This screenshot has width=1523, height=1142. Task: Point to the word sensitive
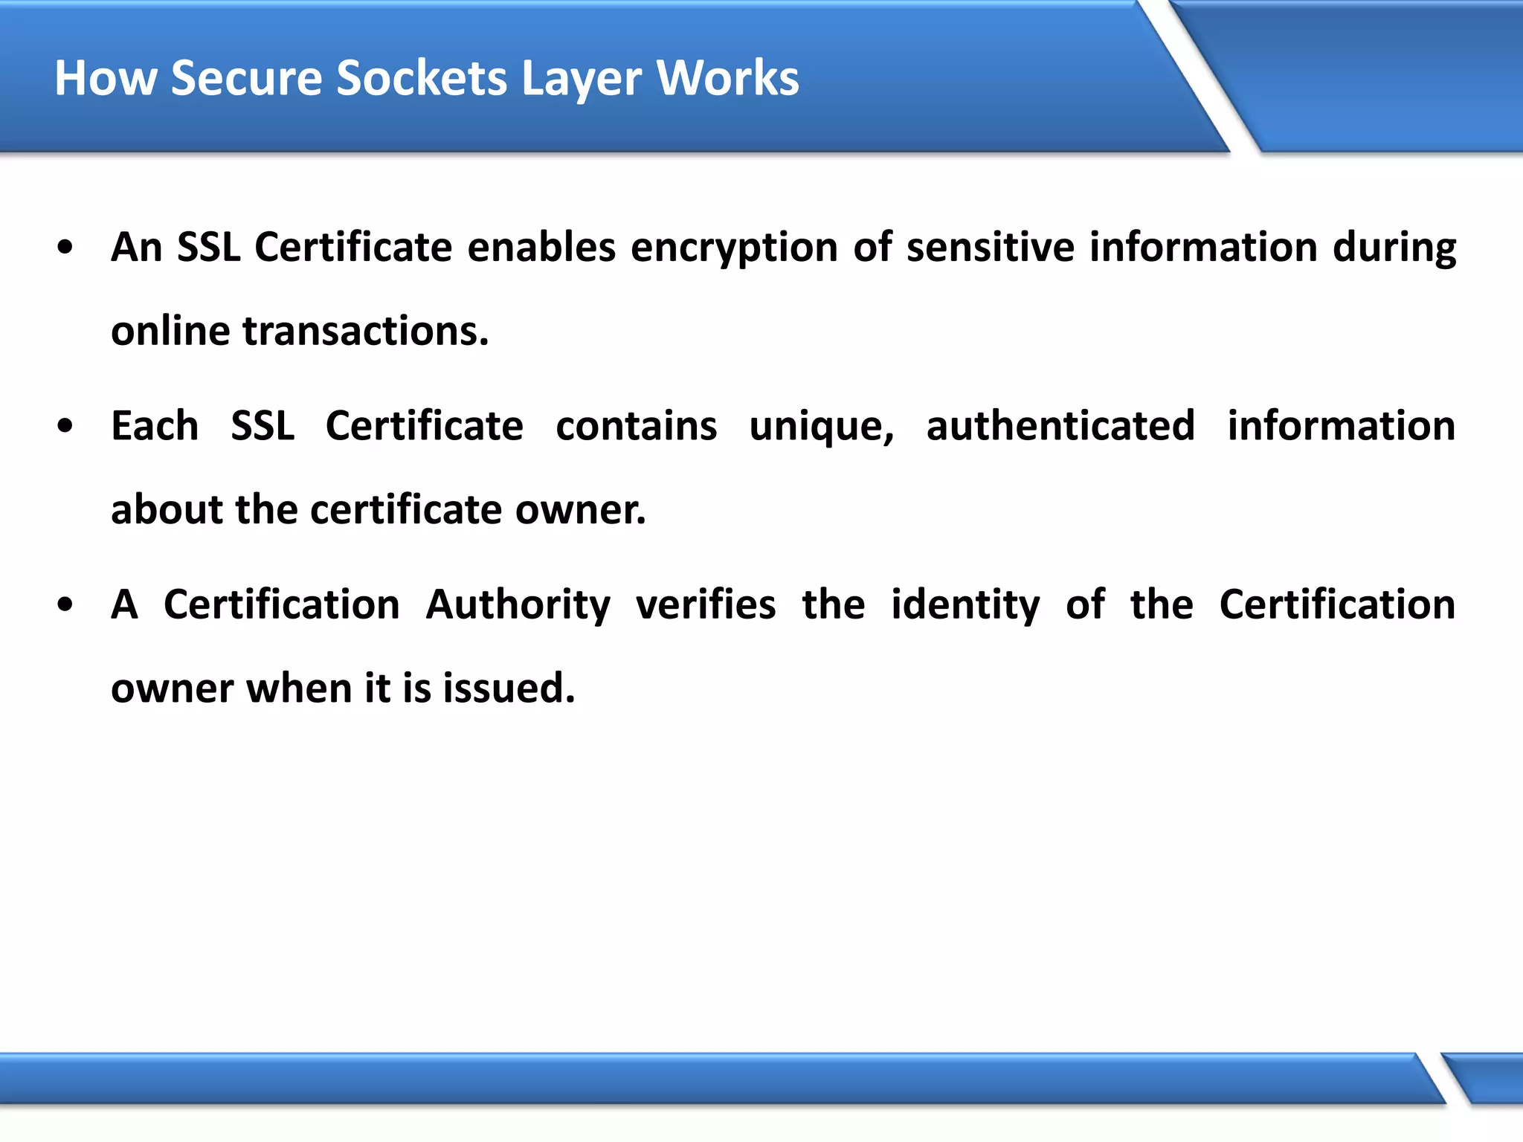pyautogui.click(x=990, y=248)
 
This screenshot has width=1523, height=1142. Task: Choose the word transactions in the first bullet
pyautogui.click(x=365, y=331)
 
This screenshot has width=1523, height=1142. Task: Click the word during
pyautogui.click(x=1394, y=248)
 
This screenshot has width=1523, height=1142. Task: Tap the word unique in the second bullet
pyautogui.click(x=821, y=427)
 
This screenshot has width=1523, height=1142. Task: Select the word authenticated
pyautogui.click(x=1060, y=427)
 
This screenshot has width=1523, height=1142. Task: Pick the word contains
pyautogui.click(x=636, y=427)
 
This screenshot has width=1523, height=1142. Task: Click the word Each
pyautogui.click(x=155, y=427)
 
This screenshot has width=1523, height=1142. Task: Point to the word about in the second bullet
pyautogui.click(x=167, y=510)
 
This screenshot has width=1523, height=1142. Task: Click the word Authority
pyautogui.click(x=518, y=605)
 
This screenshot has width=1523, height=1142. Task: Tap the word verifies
pyautogui.click(x=706, y=605)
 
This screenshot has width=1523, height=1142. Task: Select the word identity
pyautogui.click(x=965, y=605)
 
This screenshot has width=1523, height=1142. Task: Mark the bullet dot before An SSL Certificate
pyautogui.click(x=65, y=248)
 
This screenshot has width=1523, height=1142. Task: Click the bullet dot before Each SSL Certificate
pyautogui.click(x=65, y=427)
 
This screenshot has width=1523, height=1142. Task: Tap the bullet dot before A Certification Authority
pyautogui.click(x=65, y=605)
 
